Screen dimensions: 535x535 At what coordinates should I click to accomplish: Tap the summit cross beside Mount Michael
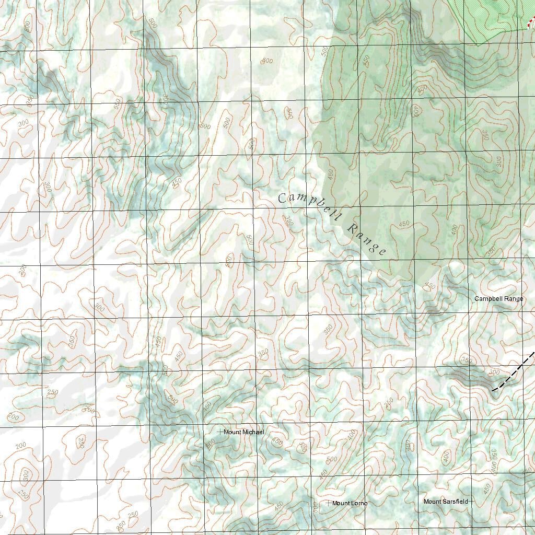pos(220,432)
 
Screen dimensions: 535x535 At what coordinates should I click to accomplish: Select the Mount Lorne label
pos(350,503)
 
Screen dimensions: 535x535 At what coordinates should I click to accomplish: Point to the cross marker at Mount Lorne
pos(329,503)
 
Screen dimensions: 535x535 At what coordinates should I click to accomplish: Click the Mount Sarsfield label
pos(446,502)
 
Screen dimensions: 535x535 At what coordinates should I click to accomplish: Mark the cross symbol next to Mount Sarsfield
pos(470,502)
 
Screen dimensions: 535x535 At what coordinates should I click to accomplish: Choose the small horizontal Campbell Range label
pos(498,299)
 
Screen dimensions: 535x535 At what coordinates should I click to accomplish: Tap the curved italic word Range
pos(367,240)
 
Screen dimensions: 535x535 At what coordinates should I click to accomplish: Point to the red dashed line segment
pos(531,22)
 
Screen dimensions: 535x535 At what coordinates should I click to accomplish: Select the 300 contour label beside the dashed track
pos(494,373)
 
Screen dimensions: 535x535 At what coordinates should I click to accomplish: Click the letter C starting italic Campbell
pos(282,197)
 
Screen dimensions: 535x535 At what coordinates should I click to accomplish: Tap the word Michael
pos(253,432)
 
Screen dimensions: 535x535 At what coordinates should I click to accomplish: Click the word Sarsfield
pos(456,502)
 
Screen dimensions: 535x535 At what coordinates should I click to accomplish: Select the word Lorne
pos(358,503)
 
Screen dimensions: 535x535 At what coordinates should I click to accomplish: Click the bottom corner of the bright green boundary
pos(476,45)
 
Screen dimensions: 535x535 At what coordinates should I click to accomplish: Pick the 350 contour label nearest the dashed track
pos(467,360)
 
